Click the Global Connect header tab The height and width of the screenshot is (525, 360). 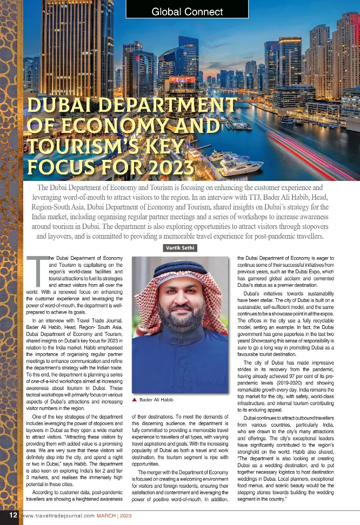coord(187,11)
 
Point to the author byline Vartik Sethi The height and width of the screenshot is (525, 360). coord(180,248)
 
